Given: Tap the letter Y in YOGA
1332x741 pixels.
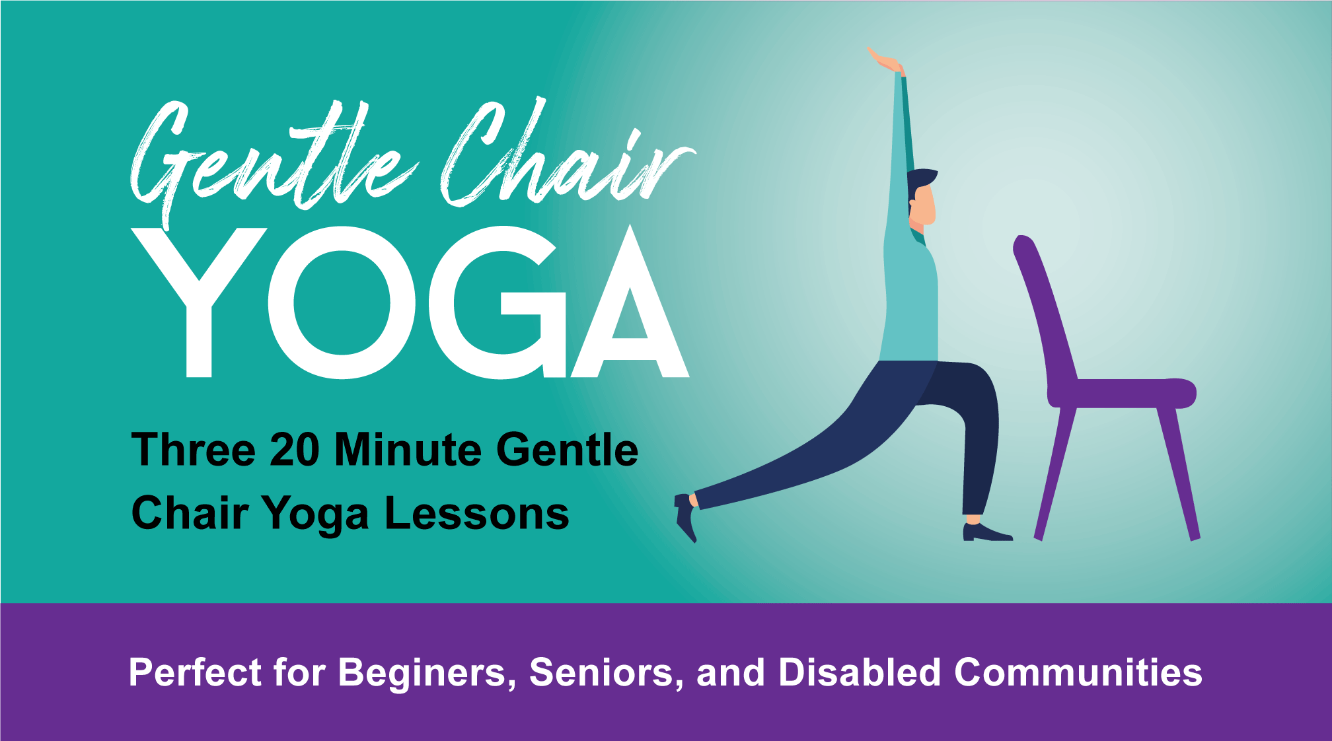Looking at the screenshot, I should click(x=198, y=300).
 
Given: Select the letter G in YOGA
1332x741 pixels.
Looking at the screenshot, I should click(x=499, y=304).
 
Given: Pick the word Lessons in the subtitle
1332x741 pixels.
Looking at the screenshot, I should click(x=476, y=514).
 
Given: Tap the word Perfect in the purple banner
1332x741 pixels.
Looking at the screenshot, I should click(x=196, y=673).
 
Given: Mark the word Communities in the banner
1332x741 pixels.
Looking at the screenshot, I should click(x=1078, y=673).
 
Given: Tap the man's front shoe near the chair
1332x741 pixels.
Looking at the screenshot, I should click(x=985, y=532).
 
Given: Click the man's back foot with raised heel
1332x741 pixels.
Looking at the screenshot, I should click(x=685, y=518).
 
